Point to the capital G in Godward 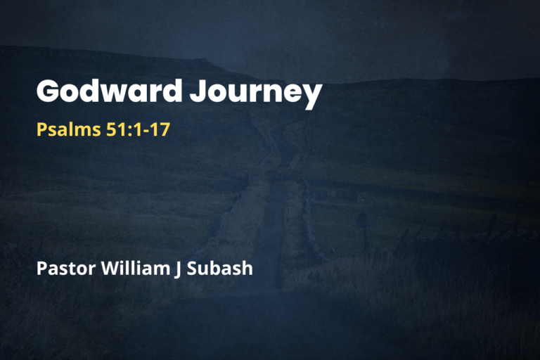(x=49, y=92)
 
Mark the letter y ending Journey (x=311, y=97)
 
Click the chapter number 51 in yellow (x=111, y=130)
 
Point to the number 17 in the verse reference (x=160, y=130)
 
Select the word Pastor (x=63, y=268)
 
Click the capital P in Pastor (x=41, y=268)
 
